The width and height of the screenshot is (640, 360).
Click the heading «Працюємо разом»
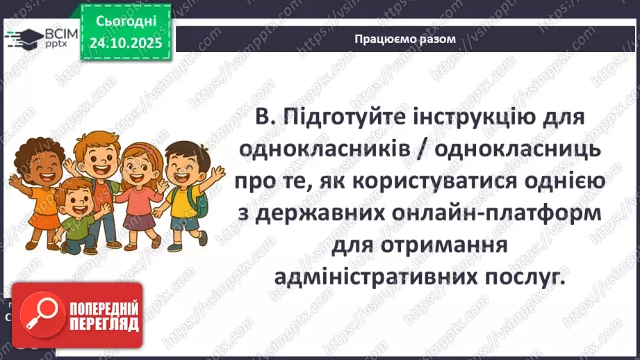[405, 39]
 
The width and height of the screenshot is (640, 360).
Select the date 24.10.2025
[125, 42]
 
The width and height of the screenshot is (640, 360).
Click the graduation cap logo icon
[23, 38]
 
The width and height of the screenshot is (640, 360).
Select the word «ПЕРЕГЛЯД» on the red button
[102, 324]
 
